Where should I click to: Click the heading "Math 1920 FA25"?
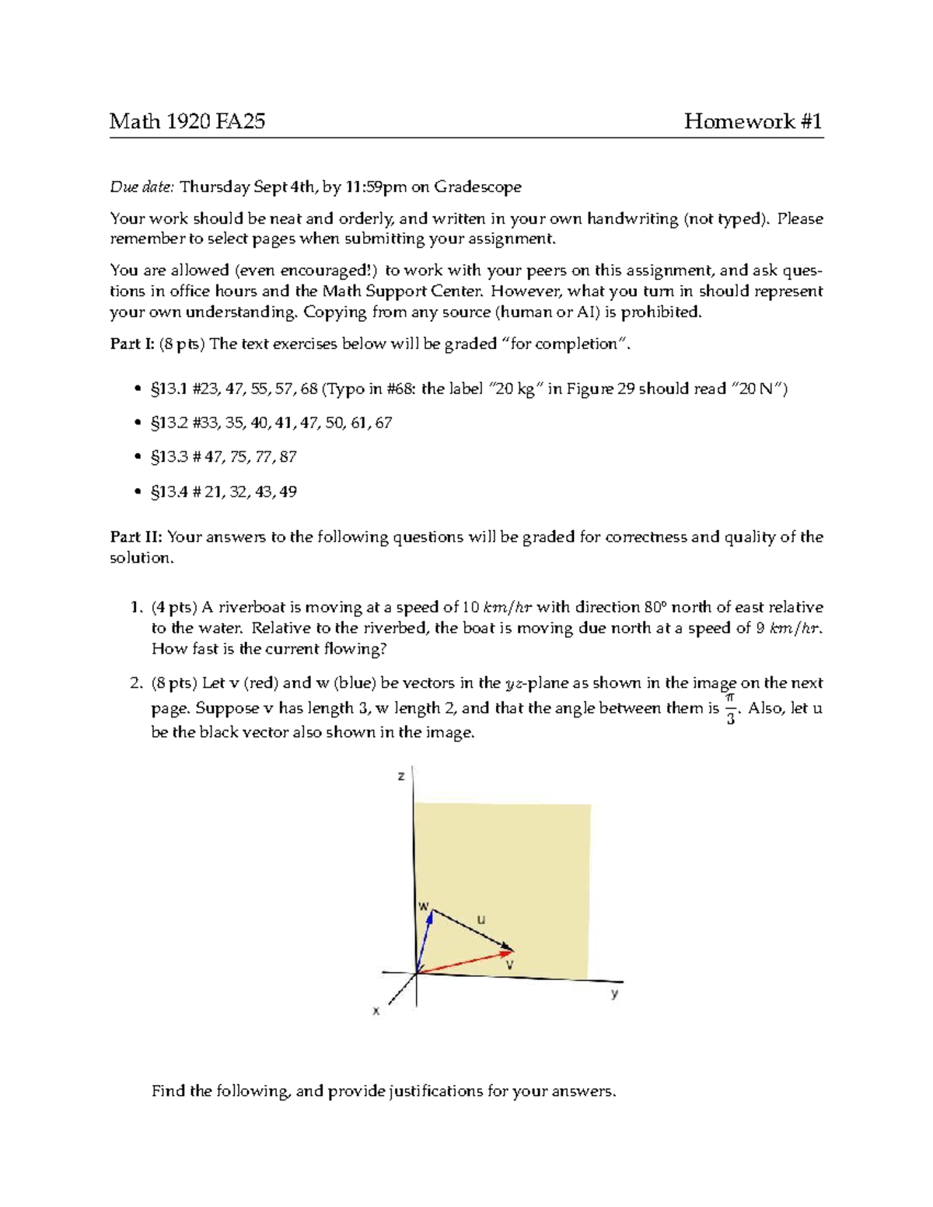[x=187, y=121]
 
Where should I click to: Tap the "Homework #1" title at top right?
[x=753, y=121]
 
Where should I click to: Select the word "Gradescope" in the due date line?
[x=477, y=187]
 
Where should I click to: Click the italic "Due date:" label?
[x=142, y=187]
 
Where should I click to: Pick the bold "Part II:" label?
[x=135, y=537]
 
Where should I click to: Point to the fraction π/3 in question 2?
[x=730, y=709]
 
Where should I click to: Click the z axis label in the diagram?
[x=401, y=776]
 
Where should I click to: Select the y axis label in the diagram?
[x=614, y=993]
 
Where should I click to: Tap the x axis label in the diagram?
[x=376, y=1011]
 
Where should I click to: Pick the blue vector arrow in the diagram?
[x=425, y=941]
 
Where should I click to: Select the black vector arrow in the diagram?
[x=472, y=930]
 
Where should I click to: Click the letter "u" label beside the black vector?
[x=481, y=919]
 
